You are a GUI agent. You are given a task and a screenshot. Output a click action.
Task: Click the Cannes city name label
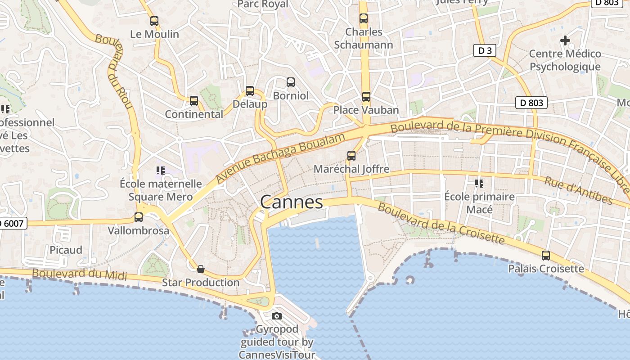point(292,202)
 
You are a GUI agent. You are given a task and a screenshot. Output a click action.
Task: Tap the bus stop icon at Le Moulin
point(154,21)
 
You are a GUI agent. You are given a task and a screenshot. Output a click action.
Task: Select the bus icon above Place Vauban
point(366,96)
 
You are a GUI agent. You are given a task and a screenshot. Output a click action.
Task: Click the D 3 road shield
point(485,50)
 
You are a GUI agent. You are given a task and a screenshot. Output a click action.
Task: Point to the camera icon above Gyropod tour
point(277,316)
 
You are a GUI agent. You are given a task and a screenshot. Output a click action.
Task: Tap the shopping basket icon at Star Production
point(201,269)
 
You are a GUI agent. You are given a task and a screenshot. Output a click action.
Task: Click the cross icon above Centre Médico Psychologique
point(565,40)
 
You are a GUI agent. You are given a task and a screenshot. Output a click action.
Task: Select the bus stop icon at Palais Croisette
point(546,255)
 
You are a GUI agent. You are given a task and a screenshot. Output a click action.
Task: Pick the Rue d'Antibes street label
point(578,190)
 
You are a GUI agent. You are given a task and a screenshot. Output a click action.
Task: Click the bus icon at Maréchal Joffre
point(351,156)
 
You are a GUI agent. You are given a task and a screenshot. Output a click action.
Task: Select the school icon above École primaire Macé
point(479,183)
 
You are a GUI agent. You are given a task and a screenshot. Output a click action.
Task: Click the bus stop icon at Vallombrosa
point(139,217)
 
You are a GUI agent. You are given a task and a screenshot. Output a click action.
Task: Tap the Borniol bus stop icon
point(291,82)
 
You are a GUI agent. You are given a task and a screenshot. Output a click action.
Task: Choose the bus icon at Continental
point(194,101)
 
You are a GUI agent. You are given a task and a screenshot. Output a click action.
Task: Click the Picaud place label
point(66,250)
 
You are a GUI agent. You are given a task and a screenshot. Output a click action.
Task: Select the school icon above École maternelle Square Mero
point(160,170)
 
